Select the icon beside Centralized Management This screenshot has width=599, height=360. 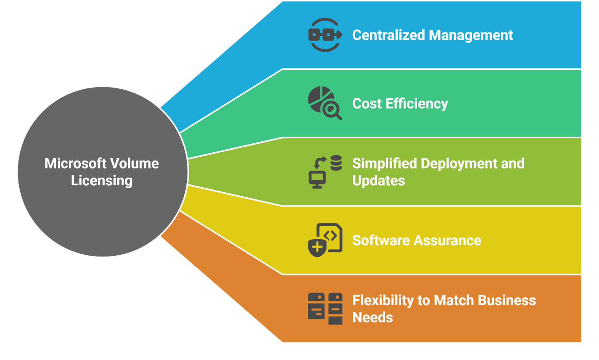[325, 35]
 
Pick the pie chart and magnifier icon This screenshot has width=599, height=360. [324, 103]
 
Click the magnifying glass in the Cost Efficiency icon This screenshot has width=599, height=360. [332, 111]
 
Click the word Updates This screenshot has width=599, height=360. [379, 181]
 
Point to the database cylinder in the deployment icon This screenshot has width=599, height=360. [336, 163]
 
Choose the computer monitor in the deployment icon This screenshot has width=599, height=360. [317, 179]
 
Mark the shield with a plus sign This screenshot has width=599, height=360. [317, 247]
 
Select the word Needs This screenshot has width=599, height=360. [372, 318]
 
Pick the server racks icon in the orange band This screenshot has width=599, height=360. [325, 308]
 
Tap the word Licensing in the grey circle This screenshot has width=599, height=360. [101, 181]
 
